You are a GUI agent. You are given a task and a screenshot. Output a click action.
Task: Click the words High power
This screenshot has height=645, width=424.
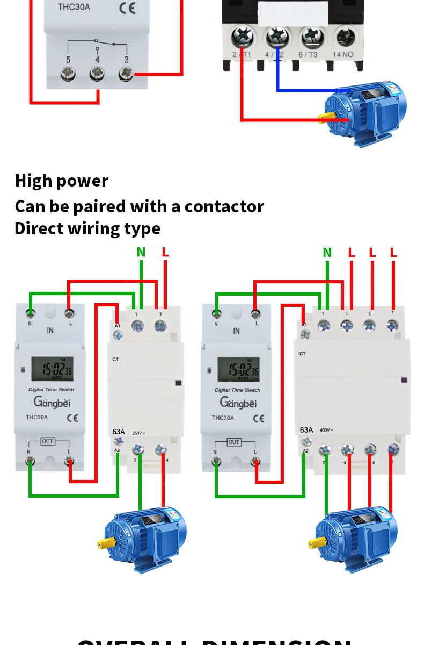(61, 181)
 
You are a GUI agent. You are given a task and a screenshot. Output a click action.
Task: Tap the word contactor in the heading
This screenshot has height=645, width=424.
(224, 206)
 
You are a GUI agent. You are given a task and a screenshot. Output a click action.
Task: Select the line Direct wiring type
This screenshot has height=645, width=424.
(87, 228)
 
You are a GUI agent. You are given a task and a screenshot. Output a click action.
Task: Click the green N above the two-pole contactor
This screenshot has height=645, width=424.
(141, 252)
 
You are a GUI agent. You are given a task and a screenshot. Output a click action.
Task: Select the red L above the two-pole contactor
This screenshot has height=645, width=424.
(165, 252)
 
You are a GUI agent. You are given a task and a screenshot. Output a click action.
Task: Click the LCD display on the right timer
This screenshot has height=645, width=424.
(238, 369)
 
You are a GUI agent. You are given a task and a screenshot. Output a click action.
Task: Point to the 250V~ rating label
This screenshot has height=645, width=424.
(139, 432)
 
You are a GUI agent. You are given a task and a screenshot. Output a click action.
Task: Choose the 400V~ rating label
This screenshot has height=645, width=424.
(326, 430)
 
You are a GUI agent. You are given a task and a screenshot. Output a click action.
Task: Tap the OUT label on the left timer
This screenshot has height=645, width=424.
(48, 441)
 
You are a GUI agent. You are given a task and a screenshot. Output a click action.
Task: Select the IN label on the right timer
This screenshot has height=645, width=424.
(236, 331)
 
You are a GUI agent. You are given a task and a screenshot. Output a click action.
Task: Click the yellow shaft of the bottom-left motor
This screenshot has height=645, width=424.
(102, 544)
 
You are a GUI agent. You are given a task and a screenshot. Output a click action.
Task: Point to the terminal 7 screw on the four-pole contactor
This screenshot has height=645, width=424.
(392, 325)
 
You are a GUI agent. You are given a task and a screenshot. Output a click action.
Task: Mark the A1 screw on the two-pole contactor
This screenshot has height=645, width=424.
(118, 334)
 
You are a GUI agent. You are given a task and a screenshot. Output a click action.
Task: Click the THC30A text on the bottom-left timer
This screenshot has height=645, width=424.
(36, 417)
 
